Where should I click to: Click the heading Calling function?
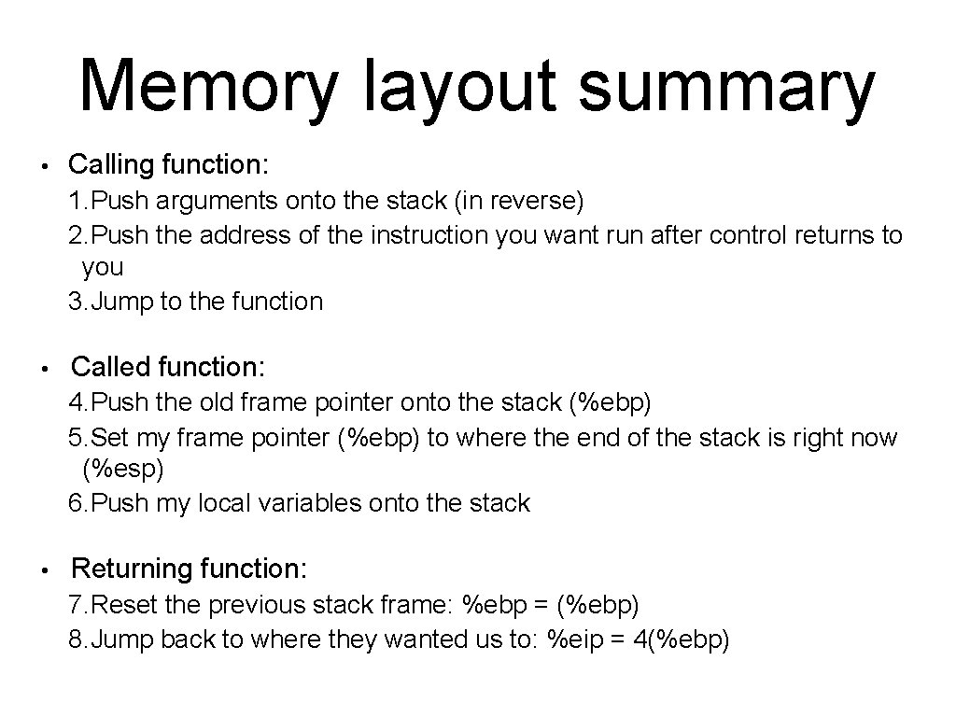click(x=169, y=165)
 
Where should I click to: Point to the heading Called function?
click(x=168, y=367)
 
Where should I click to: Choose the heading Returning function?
click(x=189, y=569)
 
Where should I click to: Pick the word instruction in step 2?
click(x=429, y=234)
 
